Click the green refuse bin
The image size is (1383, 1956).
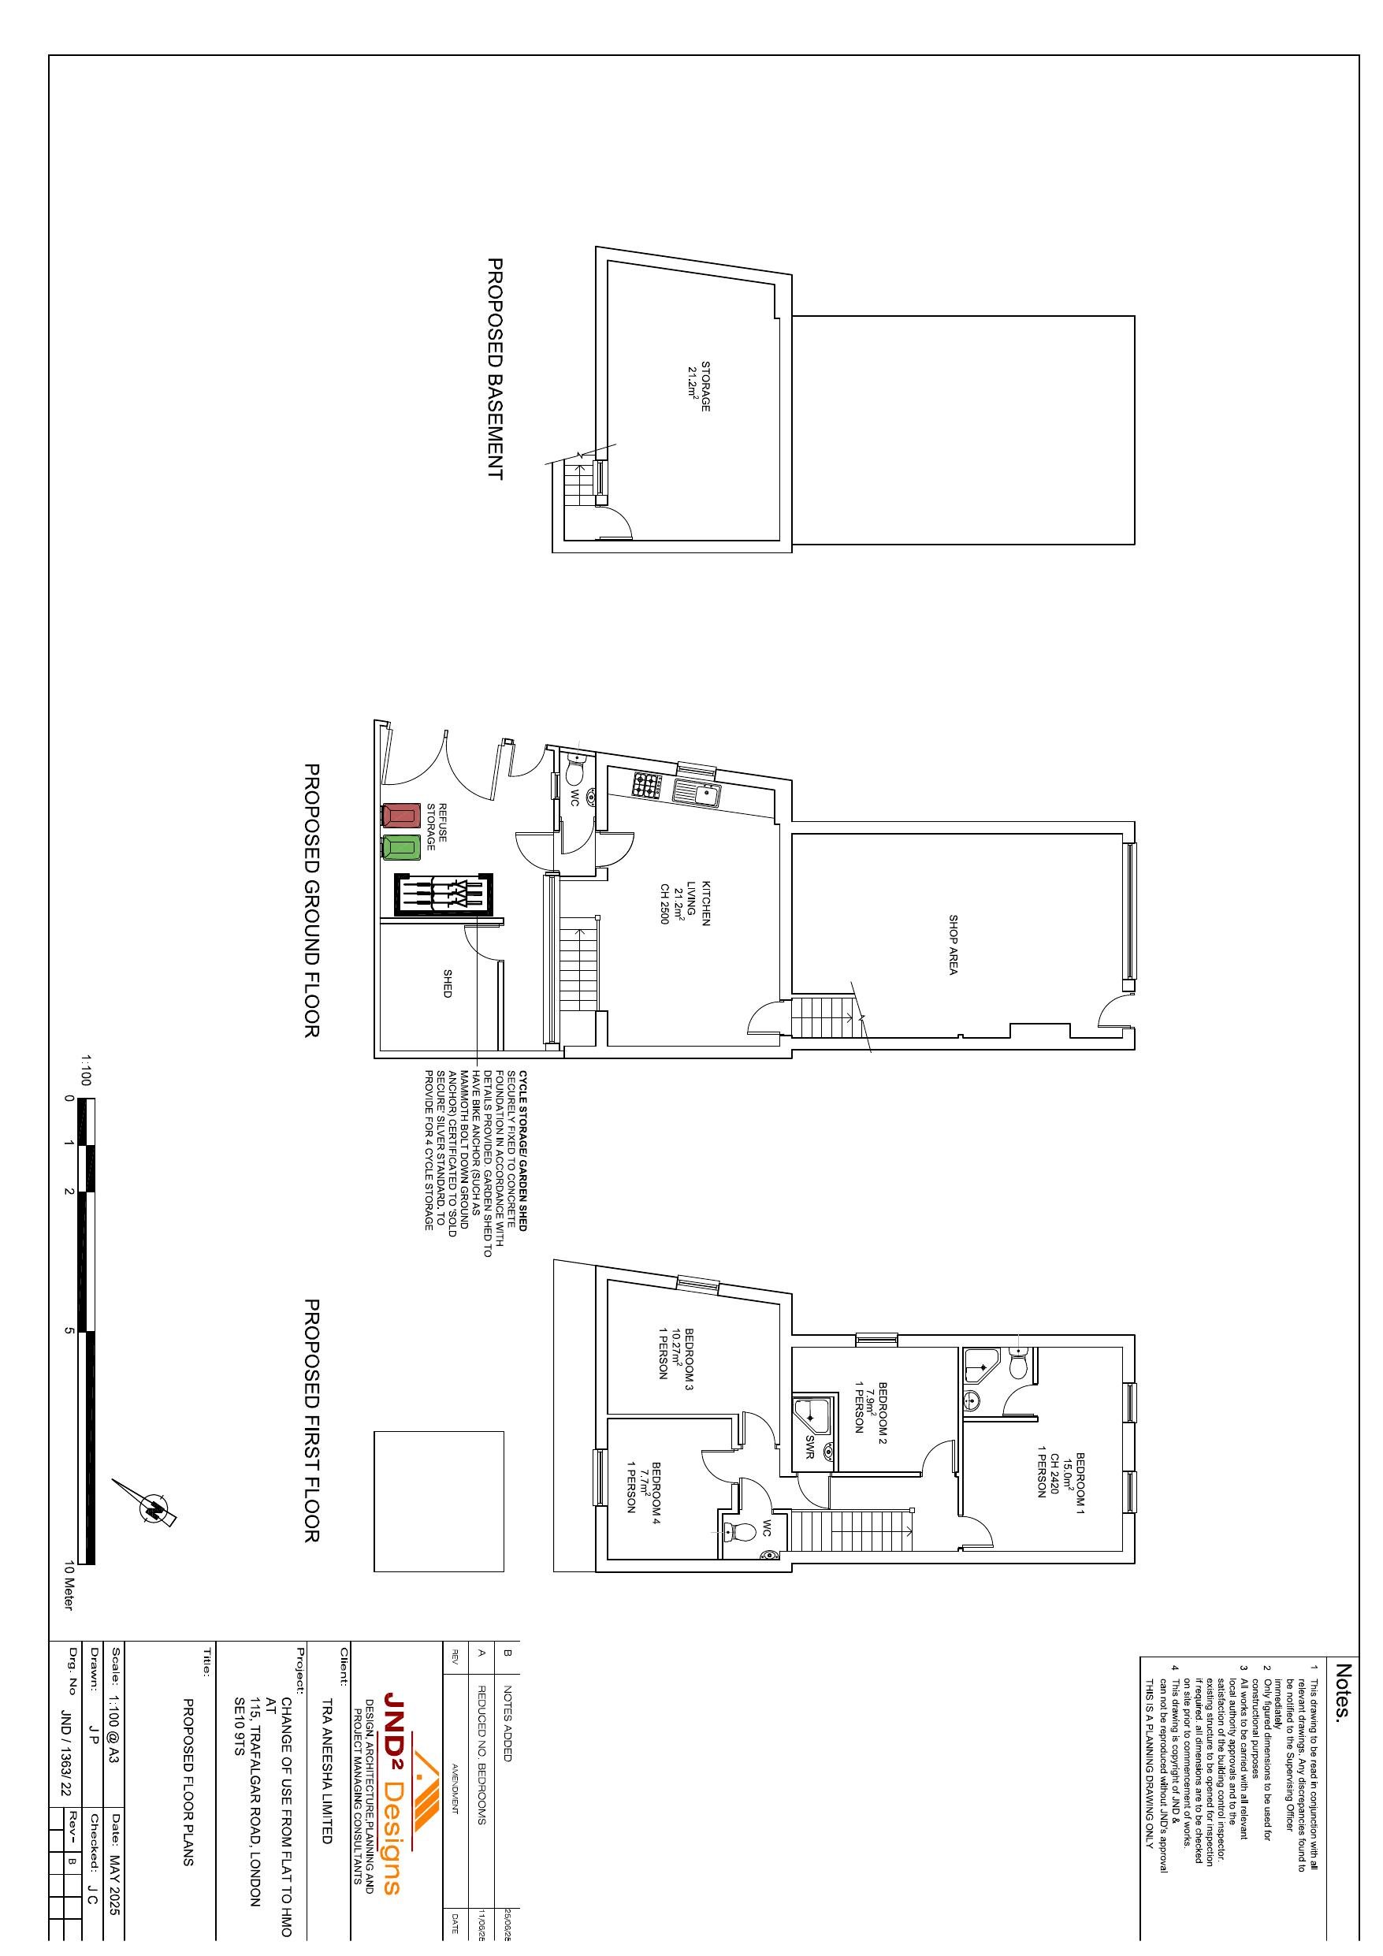click(401, 848)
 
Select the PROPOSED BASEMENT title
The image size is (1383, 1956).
click(494, 370)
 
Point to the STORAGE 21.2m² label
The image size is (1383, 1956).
click(699, 388)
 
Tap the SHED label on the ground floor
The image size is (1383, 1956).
click(447, 988)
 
